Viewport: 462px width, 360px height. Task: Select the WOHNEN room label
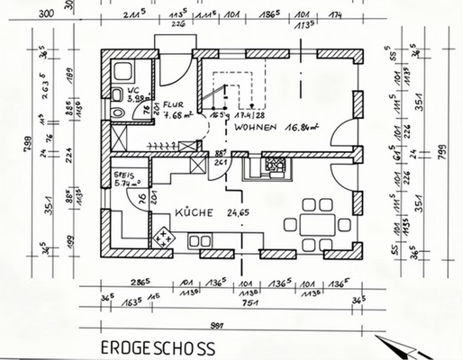point(253,129)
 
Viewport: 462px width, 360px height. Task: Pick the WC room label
point(131,92)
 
